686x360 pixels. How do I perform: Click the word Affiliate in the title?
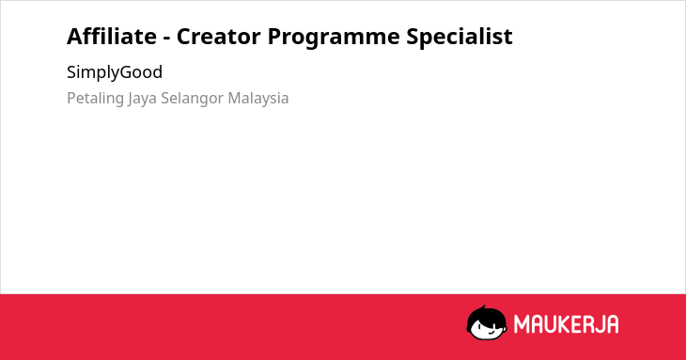[112, 36]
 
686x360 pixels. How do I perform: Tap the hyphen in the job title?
[166, 38]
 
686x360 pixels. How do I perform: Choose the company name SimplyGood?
[115, 72]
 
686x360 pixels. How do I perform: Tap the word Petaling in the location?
[95, 99]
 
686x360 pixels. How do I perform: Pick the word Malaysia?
[258, 98]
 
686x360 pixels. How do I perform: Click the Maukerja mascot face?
[487, 322]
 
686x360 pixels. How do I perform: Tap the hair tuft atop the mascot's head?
[483, 308]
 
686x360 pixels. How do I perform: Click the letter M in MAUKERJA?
[522, 324]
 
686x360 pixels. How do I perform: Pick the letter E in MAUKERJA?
[574, 324]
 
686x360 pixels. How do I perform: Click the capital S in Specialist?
[413, 37]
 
